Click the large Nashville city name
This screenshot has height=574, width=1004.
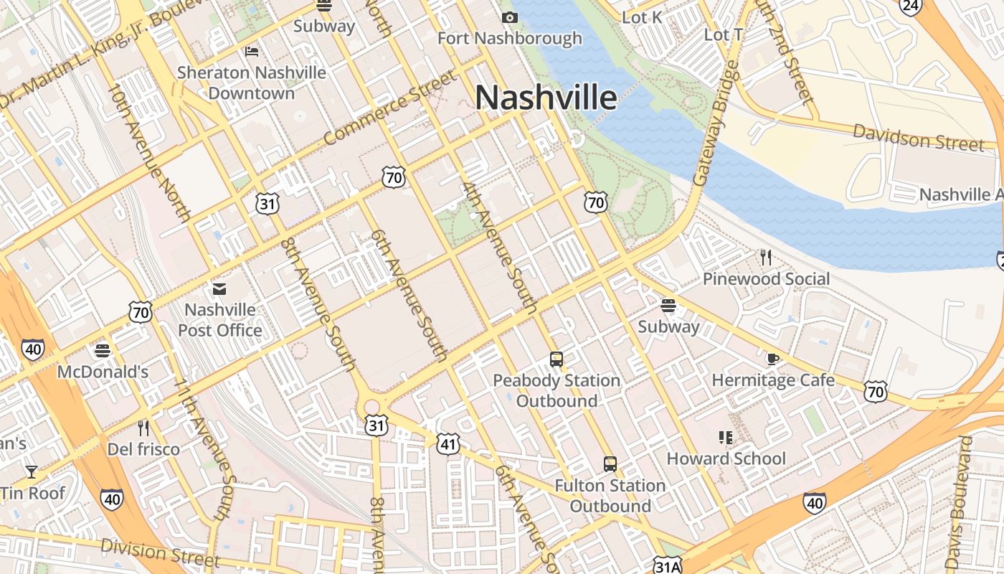546,98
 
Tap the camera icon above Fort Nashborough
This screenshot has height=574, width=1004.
510,17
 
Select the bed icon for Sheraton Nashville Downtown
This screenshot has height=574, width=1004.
252,51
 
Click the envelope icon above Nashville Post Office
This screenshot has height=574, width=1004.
219,289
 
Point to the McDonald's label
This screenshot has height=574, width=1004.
103,372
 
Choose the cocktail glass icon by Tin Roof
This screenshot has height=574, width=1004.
32,471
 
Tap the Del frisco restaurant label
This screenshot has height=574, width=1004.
143,449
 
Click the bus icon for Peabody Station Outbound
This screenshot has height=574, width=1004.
557,359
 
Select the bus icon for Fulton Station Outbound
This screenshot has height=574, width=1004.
610,464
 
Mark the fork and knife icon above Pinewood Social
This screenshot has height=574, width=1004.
766,257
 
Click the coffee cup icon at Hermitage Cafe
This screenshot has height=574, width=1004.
772,359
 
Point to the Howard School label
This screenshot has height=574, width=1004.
726,458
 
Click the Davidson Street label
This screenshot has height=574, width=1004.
918,137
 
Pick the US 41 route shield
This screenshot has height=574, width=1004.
448,444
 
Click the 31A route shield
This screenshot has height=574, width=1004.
668,566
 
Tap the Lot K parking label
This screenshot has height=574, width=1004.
643,17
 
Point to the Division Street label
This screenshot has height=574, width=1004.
160,552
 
